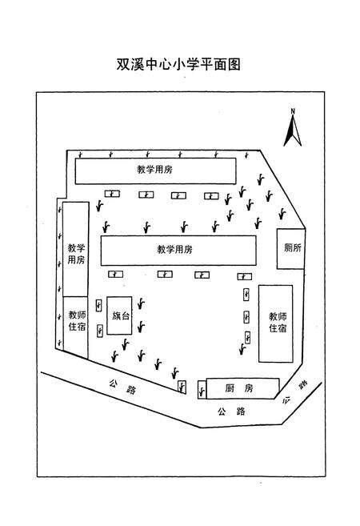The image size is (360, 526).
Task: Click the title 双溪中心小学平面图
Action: tap(179, 64)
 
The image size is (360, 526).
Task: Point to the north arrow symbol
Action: tap(294, 130)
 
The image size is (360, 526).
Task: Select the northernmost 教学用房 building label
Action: tap(155, 171)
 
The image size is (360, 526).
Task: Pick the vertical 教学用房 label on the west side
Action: tap(75, 254)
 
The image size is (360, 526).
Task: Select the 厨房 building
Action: tap(238, 388)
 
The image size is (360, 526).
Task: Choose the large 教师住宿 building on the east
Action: tap(277, 323)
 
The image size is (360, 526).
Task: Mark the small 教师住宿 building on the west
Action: tap(76, 320)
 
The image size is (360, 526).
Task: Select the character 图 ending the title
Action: tap(233, 64)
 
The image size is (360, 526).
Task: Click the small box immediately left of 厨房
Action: tap(201, 390)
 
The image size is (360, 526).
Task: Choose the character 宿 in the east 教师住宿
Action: tap(277, 329)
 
